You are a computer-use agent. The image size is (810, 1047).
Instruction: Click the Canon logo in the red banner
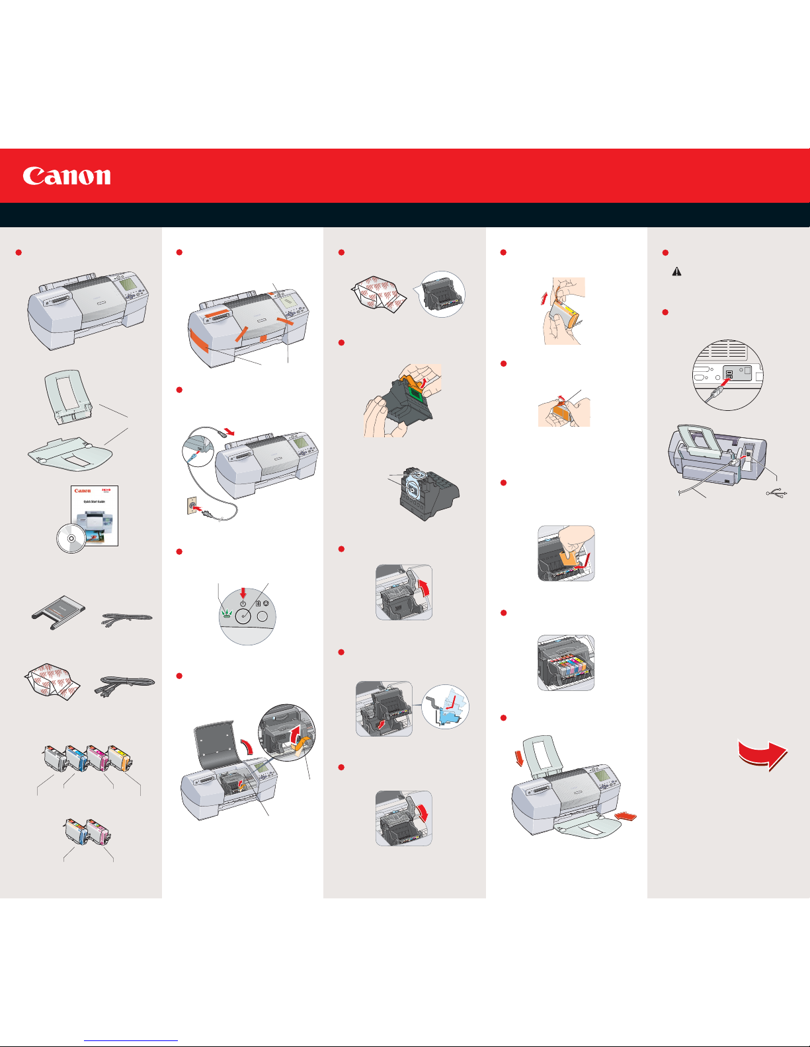(67, 176)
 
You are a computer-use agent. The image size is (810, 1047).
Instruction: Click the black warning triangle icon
(676, 271)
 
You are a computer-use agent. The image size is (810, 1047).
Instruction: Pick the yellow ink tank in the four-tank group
(121, 758)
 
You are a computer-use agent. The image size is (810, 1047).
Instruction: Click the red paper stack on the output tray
(626, 818)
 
